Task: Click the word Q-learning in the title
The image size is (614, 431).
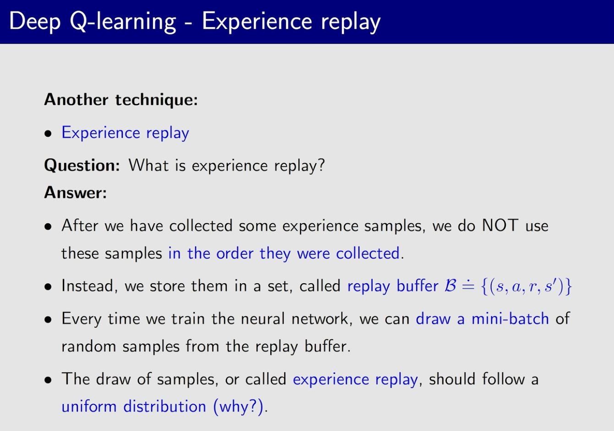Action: [x=123, y=22]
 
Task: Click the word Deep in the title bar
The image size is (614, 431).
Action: [x=35, y=22]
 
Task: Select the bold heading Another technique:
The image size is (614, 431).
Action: [x=121, y=99]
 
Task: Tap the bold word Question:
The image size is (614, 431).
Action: [x=82, y=166]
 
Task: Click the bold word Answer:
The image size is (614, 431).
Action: [x=76, y=192]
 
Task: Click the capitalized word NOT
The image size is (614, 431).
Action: [x=500, y=226]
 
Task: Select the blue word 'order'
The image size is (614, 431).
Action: [x=235, y=253]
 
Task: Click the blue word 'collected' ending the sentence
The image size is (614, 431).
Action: [x=368, y=253]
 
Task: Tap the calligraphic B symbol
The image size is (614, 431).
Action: [x=450, y=286]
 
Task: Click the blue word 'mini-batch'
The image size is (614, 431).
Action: [x=510, y=319]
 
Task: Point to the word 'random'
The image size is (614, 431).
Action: [x=89, y=346]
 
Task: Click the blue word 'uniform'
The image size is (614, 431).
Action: [x=89, y=406]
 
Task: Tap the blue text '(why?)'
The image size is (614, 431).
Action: [x=238, y=406]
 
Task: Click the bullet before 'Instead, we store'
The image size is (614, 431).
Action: [x=48, y=287]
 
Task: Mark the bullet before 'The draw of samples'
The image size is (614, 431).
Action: [x=48, y=380]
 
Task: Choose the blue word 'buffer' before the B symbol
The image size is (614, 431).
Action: [x=417, y=286]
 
